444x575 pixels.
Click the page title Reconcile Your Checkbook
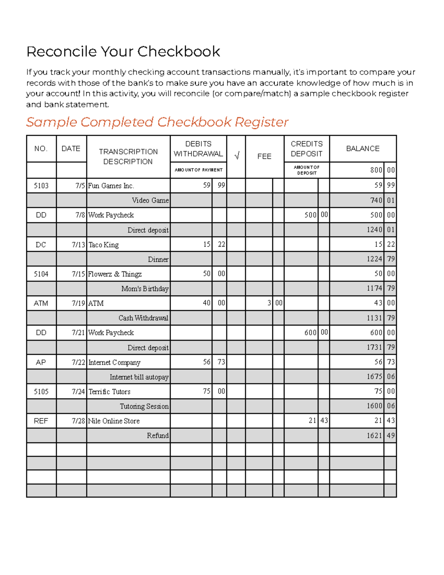(123, 51)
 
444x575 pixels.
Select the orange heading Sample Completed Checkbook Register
(157, 122)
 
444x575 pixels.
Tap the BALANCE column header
(363, 148)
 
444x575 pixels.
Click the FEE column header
(264, 156)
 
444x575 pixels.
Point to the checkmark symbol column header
(236, 156)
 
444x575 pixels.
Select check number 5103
(41, 185)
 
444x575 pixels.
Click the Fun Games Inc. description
(111, 185)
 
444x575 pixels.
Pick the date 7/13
(78, 245)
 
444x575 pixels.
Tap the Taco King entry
(104, 245)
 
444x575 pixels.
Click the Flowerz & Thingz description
(115, 274)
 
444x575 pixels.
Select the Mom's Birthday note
(145, 289)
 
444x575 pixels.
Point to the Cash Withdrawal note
(143, 318)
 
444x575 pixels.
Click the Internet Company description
(114, 362)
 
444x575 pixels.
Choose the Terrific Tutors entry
(110, 392)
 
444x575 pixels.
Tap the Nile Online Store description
(114, 421)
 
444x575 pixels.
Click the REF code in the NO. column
(41, 421)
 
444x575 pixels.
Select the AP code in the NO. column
(41, 362)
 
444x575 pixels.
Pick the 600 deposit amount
(310, 333)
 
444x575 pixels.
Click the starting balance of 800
(376, 170)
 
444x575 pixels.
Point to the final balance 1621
(374, 436)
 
